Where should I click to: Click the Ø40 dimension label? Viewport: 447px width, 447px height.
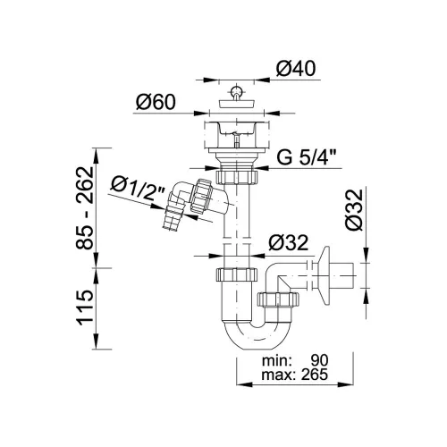tap(296, 69)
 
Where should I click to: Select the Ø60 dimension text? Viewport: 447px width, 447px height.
tap(156, 102)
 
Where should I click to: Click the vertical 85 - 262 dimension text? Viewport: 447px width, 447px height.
tap(84, 207)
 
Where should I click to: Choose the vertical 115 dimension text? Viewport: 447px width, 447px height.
tap(84, 308)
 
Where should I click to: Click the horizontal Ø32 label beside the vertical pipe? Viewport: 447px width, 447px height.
tap(288, 242)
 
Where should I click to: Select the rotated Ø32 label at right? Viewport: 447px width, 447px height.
tap(355, 210)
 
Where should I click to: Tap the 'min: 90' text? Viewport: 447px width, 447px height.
tap(295, 360)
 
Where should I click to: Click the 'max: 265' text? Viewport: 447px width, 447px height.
tap(295, 375)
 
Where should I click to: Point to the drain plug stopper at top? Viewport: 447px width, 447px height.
tap(237, 98)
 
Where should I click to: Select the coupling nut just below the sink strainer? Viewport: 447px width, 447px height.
tap(236, 177)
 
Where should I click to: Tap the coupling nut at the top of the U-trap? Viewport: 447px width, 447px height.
tap(236, 274)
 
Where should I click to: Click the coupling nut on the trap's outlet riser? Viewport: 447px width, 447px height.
tap(278, 299)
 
